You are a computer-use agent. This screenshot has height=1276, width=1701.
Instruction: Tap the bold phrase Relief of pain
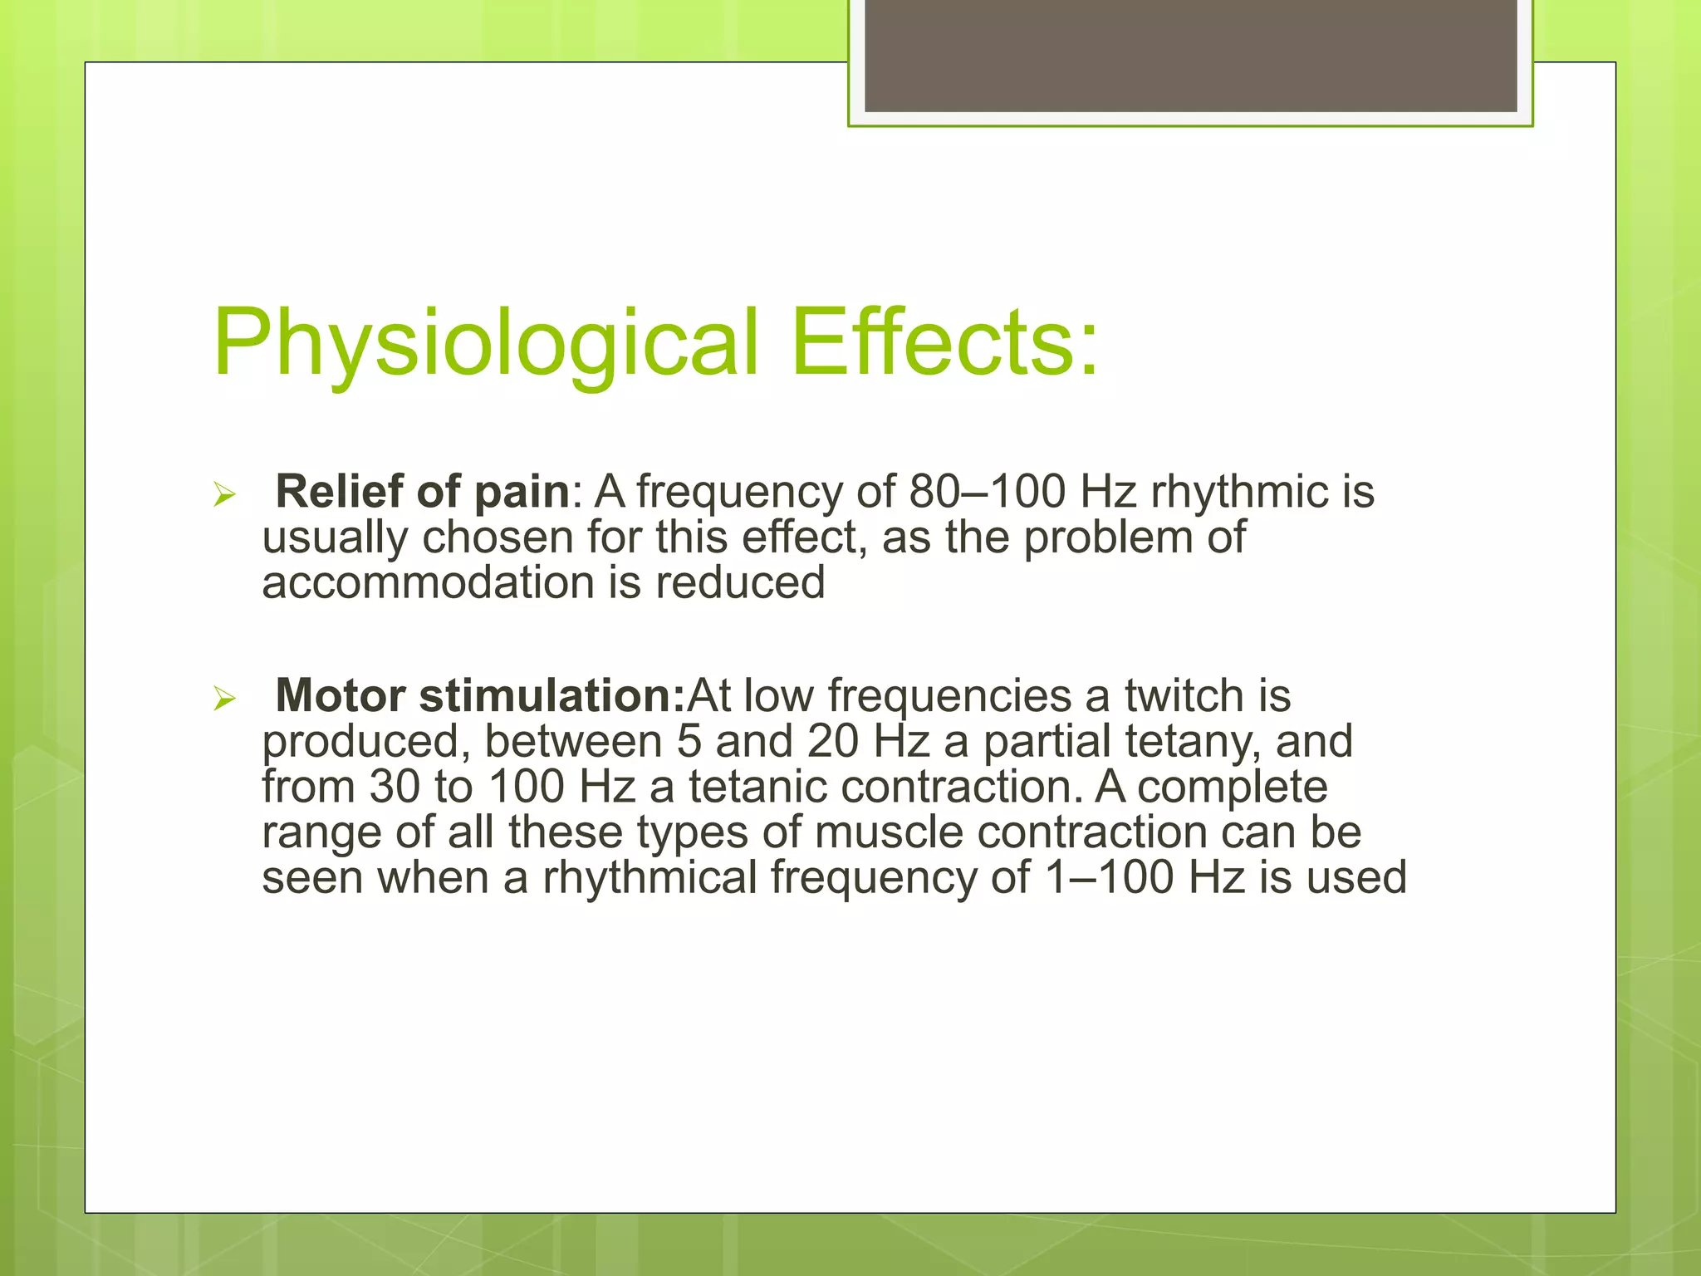tap(422, 491)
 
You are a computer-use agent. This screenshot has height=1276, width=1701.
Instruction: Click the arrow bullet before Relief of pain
tap(224, 495)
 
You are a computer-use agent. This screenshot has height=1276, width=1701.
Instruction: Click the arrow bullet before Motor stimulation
tap(224, 699)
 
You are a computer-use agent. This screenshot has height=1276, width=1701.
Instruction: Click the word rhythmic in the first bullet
tap(1238, 491)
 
